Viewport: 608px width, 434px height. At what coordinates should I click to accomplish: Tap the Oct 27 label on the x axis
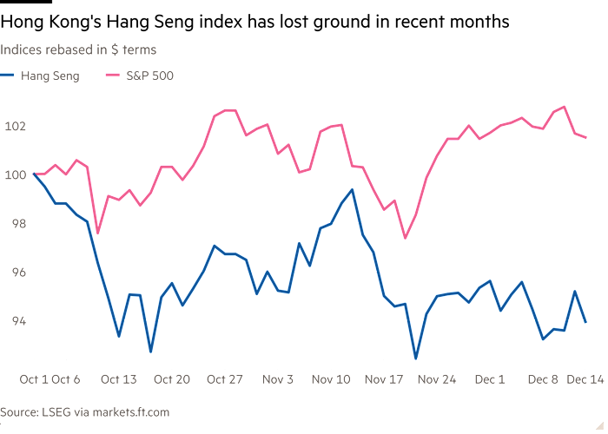click(x=224, y=378)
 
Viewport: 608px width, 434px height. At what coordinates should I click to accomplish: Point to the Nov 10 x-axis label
click(x=330, y=378)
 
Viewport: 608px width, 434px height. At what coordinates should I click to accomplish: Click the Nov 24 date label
click(x=437, y=378)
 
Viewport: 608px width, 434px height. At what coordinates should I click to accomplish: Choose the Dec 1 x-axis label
click(x=491, y=378)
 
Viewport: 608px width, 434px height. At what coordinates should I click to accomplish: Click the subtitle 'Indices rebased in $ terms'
click(x=78, y=50)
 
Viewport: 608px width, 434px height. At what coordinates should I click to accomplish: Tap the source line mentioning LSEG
click(x=84, y=411)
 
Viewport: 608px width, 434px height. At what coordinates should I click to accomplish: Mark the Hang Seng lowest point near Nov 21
click(x=415, y=357)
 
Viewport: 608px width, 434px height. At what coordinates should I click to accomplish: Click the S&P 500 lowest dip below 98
click(x=405, y=239)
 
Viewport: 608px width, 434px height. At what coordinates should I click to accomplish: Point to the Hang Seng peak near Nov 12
click(x=353, y=190)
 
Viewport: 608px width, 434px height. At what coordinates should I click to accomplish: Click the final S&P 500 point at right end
click(x=589, y=137)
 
